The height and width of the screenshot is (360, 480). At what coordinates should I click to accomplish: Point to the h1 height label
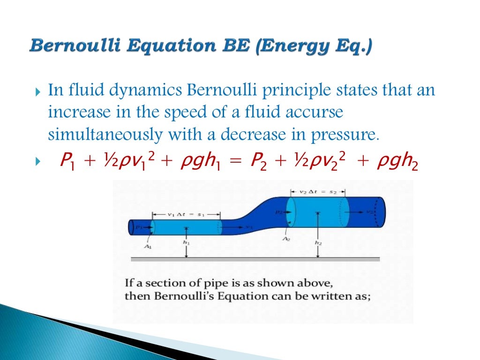click(187, 243)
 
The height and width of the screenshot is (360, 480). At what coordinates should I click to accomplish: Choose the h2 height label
click(318, 243)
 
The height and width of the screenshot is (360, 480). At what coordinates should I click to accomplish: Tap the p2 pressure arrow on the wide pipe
click(281, 212)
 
